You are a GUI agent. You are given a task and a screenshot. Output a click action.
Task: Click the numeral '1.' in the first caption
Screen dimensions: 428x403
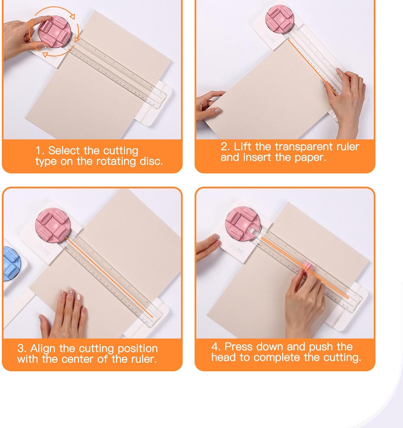click(40, 150)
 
